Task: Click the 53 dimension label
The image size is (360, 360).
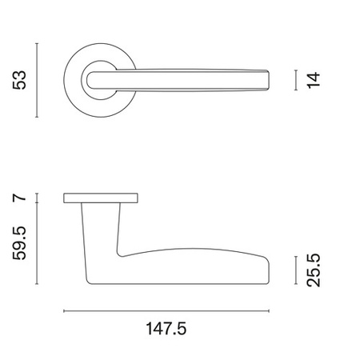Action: point(20,80)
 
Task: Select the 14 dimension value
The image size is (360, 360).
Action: point(313,80)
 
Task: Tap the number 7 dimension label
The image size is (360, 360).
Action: point(20,198)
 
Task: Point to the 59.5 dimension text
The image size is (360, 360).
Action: point(20,243)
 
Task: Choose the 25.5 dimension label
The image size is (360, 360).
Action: point(313,270)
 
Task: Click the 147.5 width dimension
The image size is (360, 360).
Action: point(166,329)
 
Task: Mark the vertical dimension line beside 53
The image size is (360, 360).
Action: point(37,80)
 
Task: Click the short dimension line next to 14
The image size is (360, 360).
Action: point(296,80)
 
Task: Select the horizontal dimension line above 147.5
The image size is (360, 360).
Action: point(166,311)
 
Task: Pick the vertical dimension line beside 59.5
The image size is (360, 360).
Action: point(37,243)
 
